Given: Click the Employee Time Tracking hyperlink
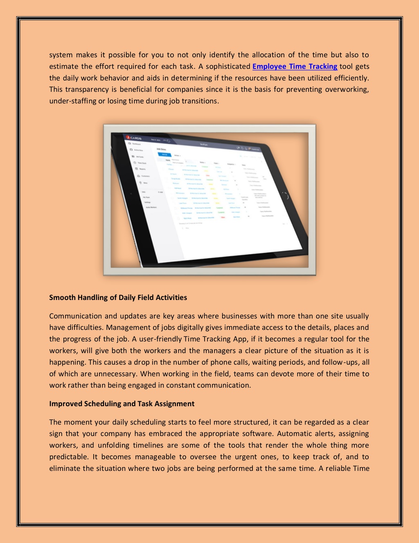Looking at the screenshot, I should click(x=295, y=66).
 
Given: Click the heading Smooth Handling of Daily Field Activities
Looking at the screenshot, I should click(x=118, y=298).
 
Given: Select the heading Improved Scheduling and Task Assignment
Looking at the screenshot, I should click(x=122, y=404).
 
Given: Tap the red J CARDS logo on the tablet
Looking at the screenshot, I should click(x=133, y=137).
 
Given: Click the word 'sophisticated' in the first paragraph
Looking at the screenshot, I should click(x=228, y=66).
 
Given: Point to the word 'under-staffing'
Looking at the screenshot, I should click(x=72, y=101).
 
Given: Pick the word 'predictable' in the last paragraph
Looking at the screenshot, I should click(x=68, y=457).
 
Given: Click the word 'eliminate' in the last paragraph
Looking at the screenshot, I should click(x=65, y=468).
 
